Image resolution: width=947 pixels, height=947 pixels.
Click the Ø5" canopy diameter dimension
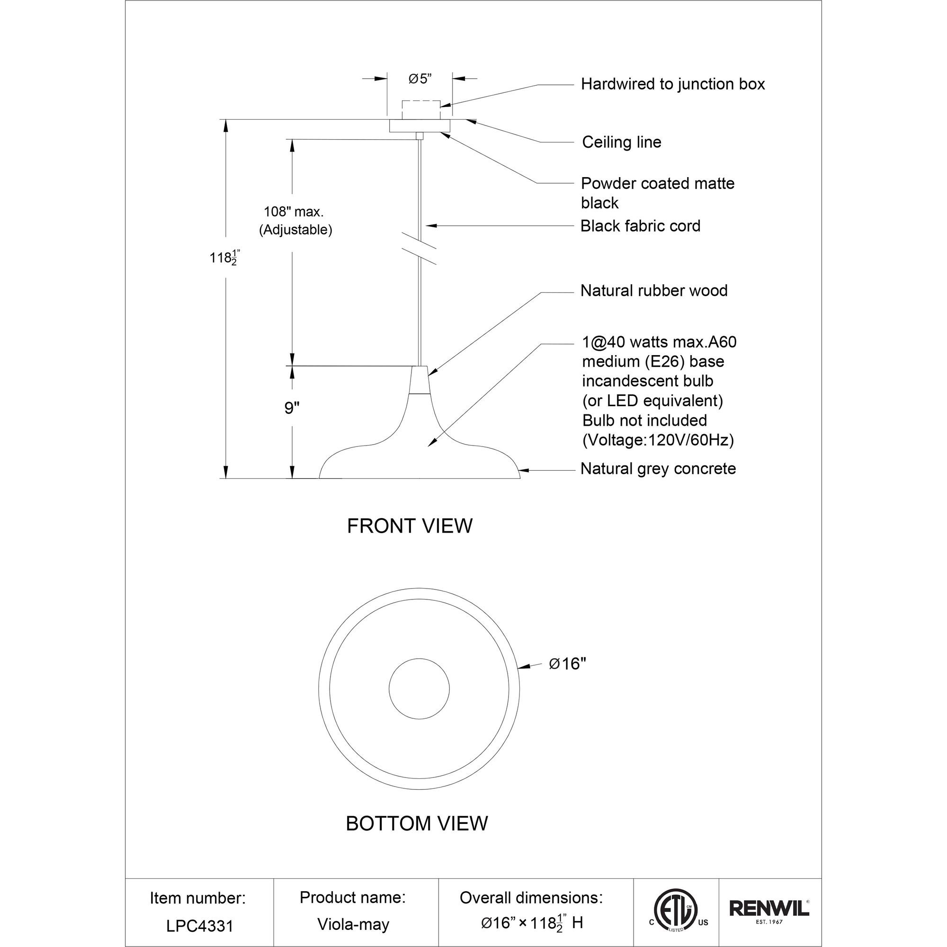pyautogui.click(x=420, y=79)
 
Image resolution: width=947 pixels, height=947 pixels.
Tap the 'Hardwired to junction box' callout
pyautogui.click(x=672, y=84)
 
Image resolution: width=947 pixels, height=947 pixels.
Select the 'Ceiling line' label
pyautogui.click(x=622, y=142)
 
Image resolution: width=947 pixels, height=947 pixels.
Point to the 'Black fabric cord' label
pyautogui.click(x=640, y=226)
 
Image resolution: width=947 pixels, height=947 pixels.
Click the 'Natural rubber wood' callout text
pyautogui.click(x=654, y=291)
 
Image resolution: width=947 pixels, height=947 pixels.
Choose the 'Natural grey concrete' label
pyautogui.click(x=658, y=469)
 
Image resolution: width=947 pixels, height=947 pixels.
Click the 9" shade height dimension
pyautogui.click(x=292, y=407)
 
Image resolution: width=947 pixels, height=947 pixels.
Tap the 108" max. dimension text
pyautogui.click(x=294, y=212)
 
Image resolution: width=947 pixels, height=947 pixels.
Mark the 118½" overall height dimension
pyautogui.click(x=224, y=258)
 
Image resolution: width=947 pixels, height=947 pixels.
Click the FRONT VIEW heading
pyautogui.click(x=410, y=526)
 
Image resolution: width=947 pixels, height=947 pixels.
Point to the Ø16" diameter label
pyautogui.click(x=568, y=664)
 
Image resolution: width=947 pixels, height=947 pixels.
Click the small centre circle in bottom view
pyautogui.click(x=419, y=688)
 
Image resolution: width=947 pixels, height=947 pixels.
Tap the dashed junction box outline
pyautogui.click(x=420, y=110)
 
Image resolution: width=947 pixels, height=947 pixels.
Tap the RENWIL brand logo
pyautogui.click(x=769, y=921)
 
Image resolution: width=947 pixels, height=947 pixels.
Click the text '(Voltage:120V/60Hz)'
pyautogui.click(x=658, y=440)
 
